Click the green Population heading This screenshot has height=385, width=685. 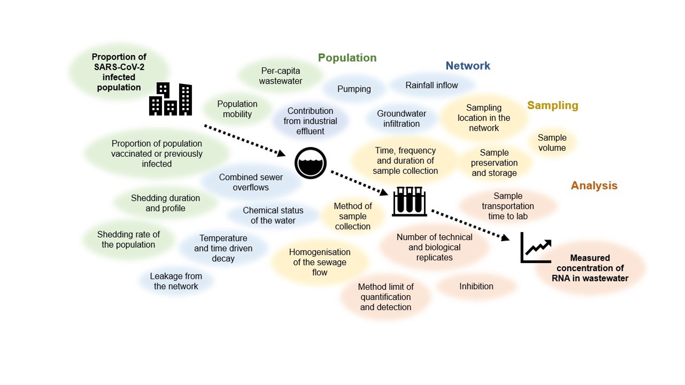tap(347, 57)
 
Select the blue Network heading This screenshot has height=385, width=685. tap(467, 66)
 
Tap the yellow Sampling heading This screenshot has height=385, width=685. tap(552, 105)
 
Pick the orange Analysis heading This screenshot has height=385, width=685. tap(594, 185)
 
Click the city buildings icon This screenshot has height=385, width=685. tap(170, 99)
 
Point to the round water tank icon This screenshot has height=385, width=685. tap(310, 163)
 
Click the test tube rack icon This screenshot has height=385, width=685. tap(409, 202)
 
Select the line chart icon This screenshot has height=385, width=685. tap(536, 248)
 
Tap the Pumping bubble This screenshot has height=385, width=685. tap(354, 89)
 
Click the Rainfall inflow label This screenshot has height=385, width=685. tap(431, 85)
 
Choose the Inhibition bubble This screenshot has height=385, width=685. tap(476, 286)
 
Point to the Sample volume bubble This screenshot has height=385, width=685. tap(552, 143)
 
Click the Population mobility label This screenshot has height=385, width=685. tap(237, 109)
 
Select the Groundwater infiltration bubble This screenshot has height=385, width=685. tap(401, 118)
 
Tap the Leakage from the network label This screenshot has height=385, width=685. tap(176, 281)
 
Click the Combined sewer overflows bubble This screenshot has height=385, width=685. tap(250, 182)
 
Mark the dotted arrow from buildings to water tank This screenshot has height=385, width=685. tap(244, 141)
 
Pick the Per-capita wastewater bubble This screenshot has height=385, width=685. tap(280, 76)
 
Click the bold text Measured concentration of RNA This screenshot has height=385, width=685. tap(590, 268)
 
